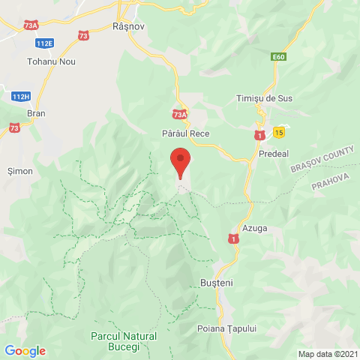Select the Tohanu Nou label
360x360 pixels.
pyautogui.click(x=49, y=61)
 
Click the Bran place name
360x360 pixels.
pyautogui.click(x=36, y=112)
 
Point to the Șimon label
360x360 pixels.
pyautogui.click(x=19, y=171)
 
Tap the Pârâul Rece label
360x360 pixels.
pyautogui.click(x=185, y=133)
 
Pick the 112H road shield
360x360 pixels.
pyautogui.click(x=22, y=96)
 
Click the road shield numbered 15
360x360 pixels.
pyautogui.click(x=279, y=132)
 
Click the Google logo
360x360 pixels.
pyautogui.click(x=25, y=350)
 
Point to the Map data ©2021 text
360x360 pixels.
pyautogui.click(x=327, y=354)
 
